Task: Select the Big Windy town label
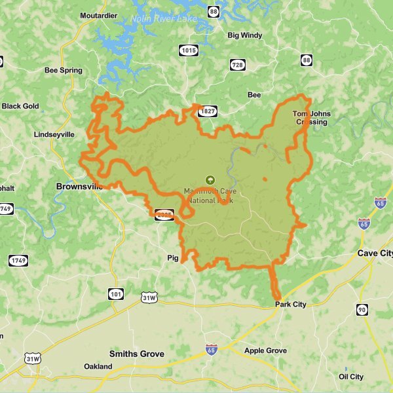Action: [x=245, y=35]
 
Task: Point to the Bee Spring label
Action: [x=64, y=71]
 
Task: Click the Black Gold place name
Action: [x=20, y=106]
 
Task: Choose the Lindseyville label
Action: [x=54, y=134]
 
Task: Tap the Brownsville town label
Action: [x=80, y=187]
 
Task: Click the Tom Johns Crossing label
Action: [x=311, y=118]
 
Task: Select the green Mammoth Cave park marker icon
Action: [x=210, y=179]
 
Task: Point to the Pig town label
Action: [x=173, y=258]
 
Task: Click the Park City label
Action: [x=290, y=305]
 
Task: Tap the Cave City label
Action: [x=375, y=253]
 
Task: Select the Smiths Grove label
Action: [x=136, y=354]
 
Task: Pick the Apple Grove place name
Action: [x=265, y=351]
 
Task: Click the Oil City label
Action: [x=351, y=377]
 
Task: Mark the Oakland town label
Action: [x=98, y=367]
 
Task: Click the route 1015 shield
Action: [x=189, y=50]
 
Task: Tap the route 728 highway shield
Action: [x=237, y=64]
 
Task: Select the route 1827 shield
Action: [x=208, y=112]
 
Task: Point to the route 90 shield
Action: [x=362, y=310]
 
